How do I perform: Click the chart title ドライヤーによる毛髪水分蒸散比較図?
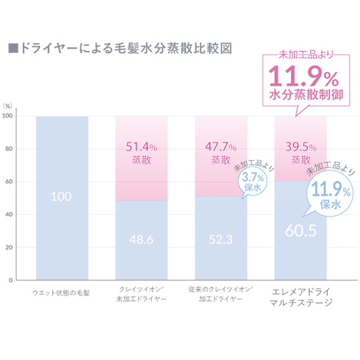pyautogui.click(x=124, y=48)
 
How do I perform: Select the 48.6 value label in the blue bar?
pyautogui.click(x=141, y=239)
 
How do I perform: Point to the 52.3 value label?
pyautogui.click(x=221, y=239)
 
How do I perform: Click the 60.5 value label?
pyautogui.click(x=301, y=231)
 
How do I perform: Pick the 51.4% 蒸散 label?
pyautogui.click(x=141, y=153)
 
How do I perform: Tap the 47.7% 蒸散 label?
pyautogui.click(x=221, y=153)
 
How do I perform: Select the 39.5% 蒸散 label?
pyautogui.click(x=301, y=153)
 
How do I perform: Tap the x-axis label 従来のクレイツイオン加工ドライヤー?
pyautogui.click(x=221, y=294)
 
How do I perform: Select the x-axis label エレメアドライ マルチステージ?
pyautogui.click(x=301, y=297)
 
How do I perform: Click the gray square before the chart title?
pyautogui.click(x=13, y=49)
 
